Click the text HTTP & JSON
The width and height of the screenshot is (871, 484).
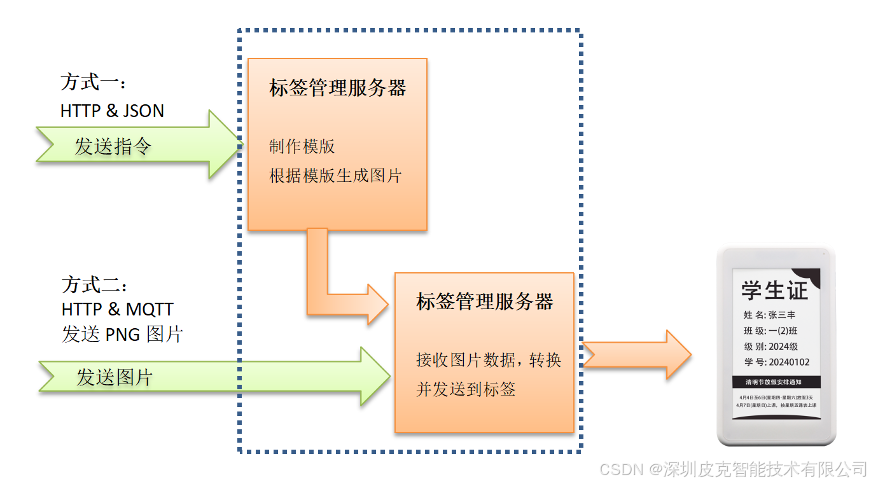(x=112, y=111)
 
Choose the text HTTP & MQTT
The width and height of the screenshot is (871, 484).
(x=117, y=309)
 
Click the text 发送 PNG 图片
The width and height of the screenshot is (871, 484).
(x=122, y=334)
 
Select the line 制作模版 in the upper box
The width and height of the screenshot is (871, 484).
(x=302, y=146)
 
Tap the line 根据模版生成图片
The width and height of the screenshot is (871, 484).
(x=335, y=176)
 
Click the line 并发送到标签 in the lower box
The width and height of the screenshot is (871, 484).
(x=465, y=389)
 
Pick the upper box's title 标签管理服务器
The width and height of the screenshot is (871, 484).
(x=337, y=88)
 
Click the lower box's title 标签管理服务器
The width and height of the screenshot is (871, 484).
(x=484, y=301)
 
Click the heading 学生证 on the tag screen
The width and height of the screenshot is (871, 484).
(x=774, y=291)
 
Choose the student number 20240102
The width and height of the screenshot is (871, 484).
(x=788, y=363)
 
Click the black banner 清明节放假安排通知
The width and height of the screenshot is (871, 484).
(x=776, y=383)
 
